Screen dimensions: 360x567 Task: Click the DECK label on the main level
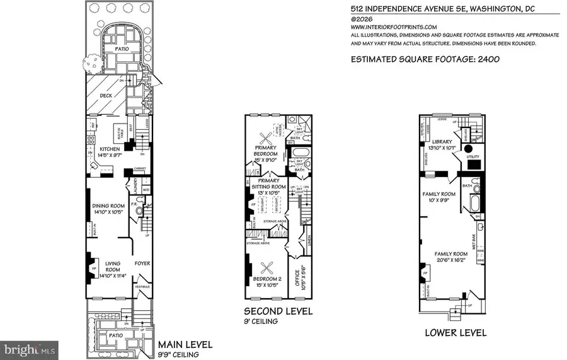coord(96,96)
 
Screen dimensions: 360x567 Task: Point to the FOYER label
coord(142,263)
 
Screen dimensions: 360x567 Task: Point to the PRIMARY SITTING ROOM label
coord(272,183)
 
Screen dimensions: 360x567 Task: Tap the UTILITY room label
coord(473,156)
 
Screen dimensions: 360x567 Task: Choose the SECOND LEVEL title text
coord(278,311)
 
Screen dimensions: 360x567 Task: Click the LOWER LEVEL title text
coord(455,333)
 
